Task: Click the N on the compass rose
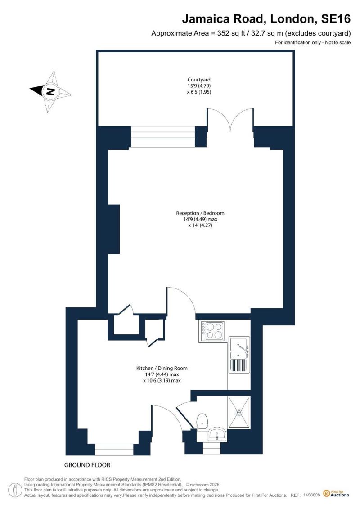coord(50,91)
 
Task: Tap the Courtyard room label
coord(199,80)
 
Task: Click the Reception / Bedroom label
coord(200,213)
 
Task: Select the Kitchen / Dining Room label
coord(162,368)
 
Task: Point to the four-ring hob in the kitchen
coord(212,331)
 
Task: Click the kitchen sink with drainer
coord(239,355)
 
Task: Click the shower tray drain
coord(239,412)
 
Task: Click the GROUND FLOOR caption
coord(87,465)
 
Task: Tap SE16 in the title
coord(336,19)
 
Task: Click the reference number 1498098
coord(312,495)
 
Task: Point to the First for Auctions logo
coord(336,494)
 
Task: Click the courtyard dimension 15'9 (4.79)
coord(199,86)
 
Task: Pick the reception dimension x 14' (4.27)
coord(200,225)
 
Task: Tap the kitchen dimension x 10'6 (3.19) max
coord(162,380)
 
